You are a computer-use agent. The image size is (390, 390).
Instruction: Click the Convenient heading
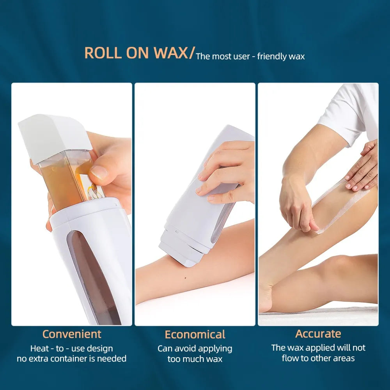pyautogui.click(x=72, y=334)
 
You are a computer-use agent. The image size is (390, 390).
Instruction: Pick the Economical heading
pyautogui.click(x=195, y=335)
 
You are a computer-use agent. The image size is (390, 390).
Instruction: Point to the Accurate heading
pyautogui.click(x=318, y=334)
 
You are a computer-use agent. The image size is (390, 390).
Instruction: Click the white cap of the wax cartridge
pyautogui.click(x=55, y=136)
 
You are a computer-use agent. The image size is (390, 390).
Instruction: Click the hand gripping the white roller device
pyautogui.click(x=226, y=172)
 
